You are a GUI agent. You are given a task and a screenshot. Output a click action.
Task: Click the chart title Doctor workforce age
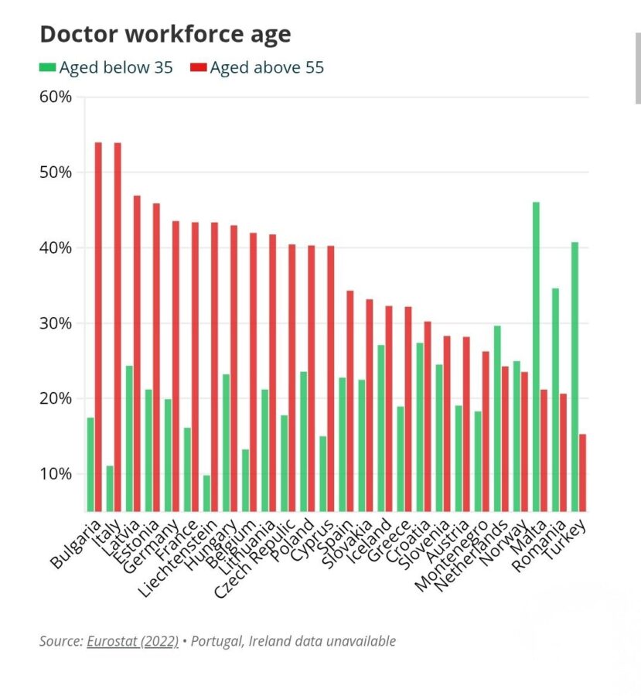coord(165,34)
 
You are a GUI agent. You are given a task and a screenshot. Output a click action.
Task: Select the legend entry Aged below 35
coord(107,67)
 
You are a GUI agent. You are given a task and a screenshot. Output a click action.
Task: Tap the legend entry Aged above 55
coord(258,67)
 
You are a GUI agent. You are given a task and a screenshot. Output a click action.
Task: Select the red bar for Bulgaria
coord(98,325)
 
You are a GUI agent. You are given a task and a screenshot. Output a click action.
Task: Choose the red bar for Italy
coord(118,325)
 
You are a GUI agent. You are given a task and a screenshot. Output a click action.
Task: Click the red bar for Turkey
coord(582,472)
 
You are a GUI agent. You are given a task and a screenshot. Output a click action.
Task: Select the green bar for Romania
coord(555,399)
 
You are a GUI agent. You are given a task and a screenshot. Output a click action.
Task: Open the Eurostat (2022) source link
coord(132,641)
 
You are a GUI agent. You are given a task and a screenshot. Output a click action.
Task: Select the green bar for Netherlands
coord(497,418)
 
